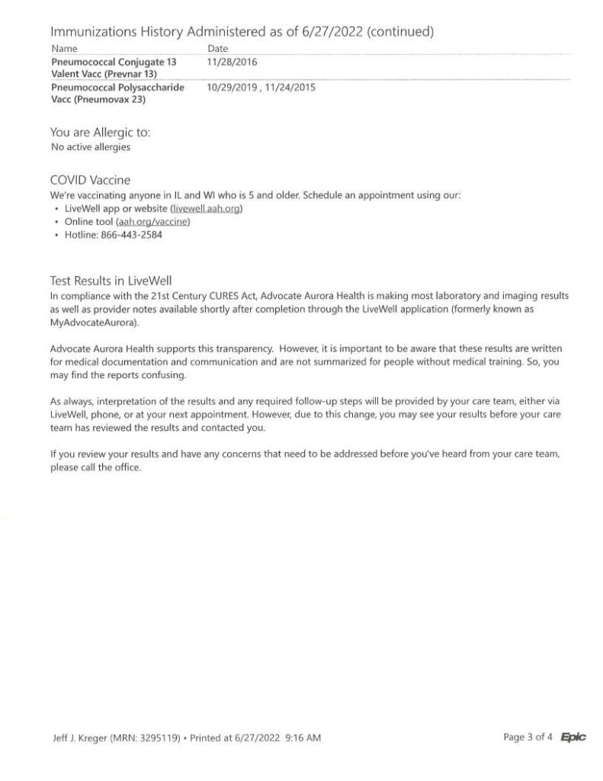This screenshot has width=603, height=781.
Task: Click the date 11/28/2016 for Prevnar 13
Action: coord(232,62)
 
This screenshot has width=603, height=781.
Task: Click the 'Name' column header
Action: coord(63,49)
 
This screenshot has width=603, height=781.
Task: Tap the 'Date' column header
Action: coord(217,49)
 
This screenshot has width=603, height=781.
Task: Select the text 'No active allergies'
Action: coord(90,146)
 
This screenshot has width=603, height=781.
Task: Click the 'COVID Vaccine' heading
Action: coord(90,181)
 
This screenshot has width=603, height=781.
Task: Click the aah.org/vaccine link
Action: coord(152,221)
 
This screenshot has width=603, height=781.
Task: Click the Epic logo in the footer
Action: coord(573,738)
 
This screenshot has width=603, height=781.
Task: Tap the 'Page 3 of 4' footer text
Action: coord(528,738)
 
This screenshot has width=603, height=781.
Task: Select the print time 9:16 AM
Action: coord(303,738)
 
